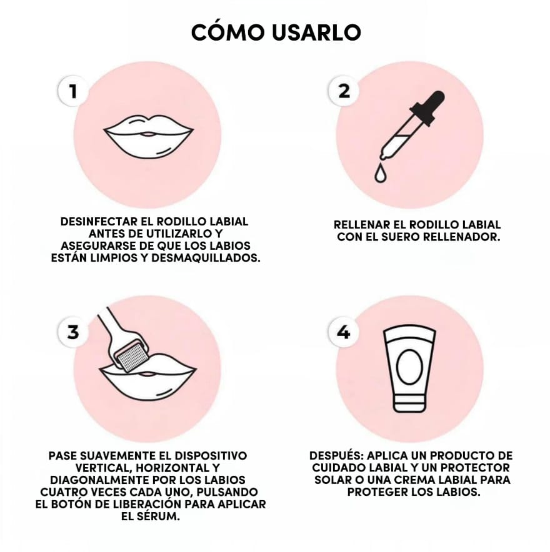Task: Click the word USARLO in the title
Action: click(x=316, y=32)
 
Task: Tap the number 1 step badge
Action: click(x=73, y=91)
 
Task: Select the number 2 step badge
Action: click(x=344, y=91)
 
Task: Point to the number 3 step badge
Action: click(x=73, y=332)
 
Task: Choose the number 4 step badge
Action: click(x=344, y=332)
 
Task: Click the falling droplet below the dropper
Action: click(x=380, y=173)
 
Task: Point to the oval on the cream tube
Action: click(x=409, y=367)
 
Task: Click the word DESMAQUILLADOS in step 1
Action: click(x=206, y=258)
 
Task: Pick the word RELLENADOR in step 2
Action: click(x=462, y=237)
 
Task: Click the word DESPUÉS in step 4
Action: click(x=336, y=455)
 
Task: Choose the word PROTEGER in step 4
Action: click(x=377, y=492)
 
